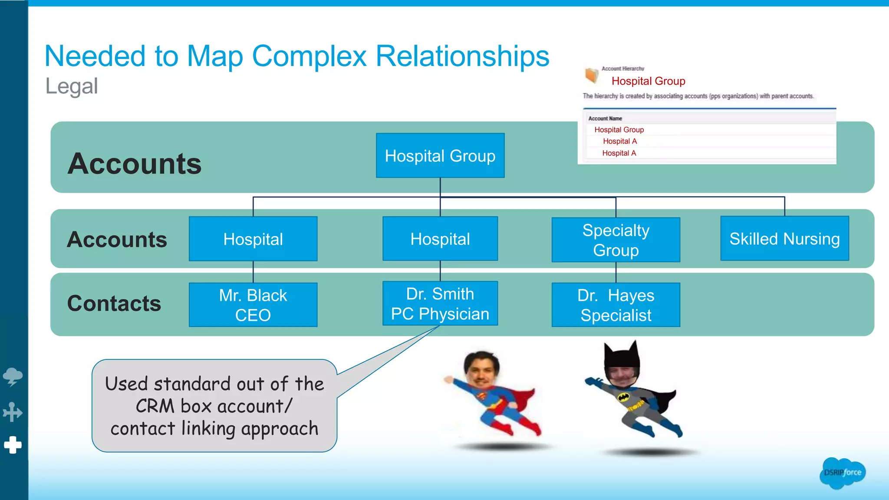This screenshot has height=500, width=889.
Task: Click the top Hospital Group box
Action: [x=440, y=155]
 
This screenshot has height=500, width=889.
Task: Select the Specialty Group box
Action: [x=616, y=240]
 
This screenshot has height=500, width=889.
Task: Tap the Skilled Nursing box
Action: [x=784, y=239]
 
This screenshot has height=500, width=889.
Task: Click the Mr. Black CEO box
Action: [x=253, y=305]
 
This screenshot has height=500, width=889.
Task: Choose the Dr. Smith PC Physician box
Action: [x=440, y=303]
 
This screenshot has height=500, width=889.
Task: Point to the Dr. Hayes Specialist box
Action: [x=616, y=305]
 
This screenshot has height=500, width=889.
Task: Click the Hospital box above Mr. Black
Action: [x=253, y=239]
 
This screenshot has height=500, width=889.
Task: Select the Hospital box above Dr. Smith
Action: [x=440, y=239]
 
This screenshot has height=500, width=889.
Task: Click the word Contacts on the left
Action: [x=114, y=303]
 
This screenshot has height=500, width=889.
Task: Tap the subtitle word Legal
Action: [x=72, y=86]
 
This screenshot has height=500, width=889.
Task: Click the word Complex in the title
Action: [x=309, y=56]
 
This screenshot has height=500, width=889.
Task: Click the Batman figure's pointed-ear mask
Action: [x=622, y=358]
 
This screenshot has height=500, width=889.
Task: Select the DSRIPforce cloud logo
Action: [x=842, y=473]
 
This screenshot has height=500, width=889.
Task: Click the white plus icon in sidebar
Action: [x=13, y=445]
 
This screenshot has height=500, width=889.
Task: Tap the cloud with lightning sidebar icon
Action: [x=13, y=376]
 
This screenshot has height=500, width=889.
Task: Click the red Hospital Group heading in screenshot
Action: [x=648, y=81]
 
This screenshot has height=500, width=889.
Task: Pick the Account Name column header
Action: [x=605, y=118]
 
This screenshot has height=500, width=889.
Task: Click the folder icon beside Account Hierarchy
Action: [x=591, y=76]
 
